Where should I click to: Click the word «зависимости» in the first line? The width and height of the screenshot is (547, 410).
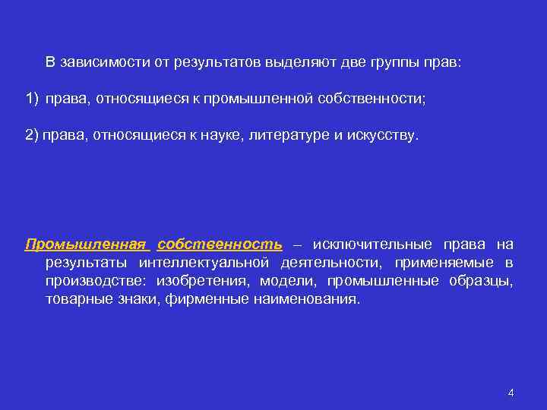(100, 62)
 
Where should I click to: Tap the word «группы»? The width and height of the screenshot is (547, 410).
(393, 62)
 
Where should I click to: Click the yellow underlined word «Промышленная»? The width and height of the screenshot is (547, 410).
(85, 244)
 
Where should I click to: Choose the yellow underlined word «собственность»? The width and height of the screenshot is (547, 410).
(220, 244)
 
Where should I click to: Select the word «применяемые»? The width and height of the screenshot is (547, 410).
(441, 263)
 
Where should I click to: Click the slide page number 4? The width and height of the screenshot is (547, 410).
(511, 393)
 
